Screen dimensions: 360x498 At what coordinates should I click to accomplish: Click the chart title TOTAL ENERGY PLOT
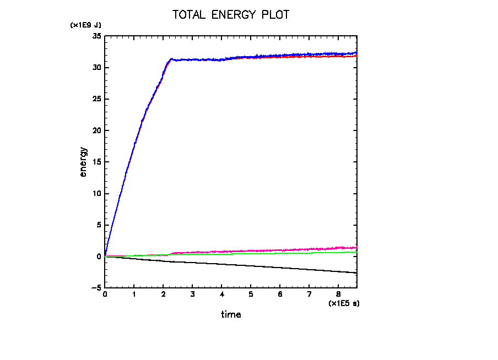tap(231, 15)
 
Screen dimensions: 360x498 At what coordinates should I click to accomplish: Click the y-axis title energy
tap(84, 161)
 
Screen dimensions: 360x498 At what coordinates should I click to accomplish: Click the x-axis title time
tap(231, 315)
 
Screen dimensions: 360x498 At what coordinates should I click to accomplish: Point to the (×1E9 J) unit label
tap(85, 25)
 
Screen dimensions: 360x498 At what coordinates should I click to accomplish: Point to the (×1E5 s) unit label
tap(344, 303)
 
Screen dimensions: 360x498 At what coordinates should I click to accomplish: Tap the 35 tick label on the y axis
tap(97, 36)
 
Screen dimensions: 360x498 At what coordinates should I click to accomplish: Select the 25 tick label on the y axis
tap(97, 99)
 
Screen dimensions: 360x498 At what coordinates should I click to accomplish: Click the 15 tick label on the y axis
tap(97, 162)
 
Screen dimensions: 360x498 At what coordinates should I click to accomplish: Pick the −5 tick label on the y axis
tap(96, 288)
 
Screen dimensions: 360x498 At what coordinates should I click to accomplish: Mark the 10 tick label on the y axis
tap(97, 194)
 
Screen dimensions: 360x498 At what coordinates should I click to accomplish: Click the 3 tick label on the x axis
tap(192, 294)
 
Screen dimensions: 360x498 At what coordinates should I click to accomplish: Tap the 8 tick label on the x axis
tap(338, 294)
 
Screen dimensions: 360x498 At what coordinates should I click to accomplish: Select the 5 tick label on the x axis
tap(251, 294)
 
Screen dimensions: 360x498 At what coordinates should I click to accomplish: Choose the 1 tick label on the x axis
tap(134, 294)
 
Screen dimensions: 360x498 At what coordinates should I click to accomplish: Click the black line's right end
tap(357, 273)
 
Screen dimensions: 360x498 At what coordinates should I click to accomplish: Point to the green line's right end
tap(357, 252)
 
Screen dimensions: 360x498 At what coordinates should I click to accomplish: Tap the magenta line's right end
tap(357, 248)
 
